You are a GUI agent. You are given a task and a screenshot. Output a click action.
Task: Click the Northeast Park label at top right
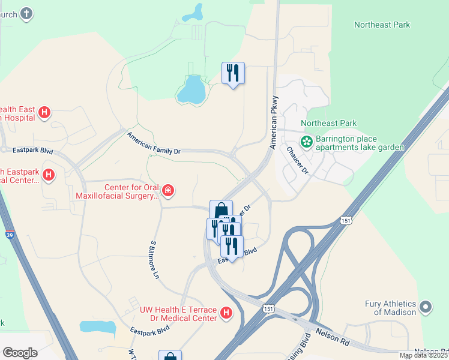click(x=382, y=25)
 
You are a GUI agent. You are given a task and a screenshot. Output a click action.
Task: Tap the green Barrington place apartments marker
click(x=307, y=142)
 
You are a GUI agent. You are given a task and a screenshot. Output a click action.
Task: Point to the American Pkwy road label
click(x=274, y=122)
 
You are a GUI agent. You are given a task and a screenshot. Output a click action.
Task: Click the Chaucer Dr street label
click(x=297, y=161)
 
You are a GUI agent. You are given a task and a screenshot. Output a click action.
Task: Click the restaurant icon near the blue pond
click(x=232, y=73)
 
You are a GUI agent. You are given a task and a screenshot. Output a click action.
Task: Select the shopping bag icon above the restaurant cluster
click(x=221, y=211)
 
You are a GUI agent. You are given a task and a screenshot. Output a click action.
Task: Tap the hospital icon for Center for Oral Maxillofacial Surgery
click(x=169, y=191)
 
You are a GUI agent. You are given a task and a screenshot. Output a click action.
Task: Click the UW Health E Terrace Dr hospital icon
click(x=226, y=313)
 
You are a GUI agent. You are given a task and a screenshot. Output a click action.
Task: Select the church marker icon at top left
click(x=26, y=13)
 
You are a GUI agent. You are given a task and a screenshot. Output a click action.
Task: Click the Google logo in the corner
click(x=20, y=353)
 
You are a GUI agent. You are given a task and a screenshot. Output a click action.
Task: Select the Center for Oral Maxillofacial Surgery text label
click(x=118, y=191)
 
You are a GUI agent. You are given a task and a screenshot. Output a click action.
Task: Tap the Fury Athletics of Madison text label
click(x=390, y=308)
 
